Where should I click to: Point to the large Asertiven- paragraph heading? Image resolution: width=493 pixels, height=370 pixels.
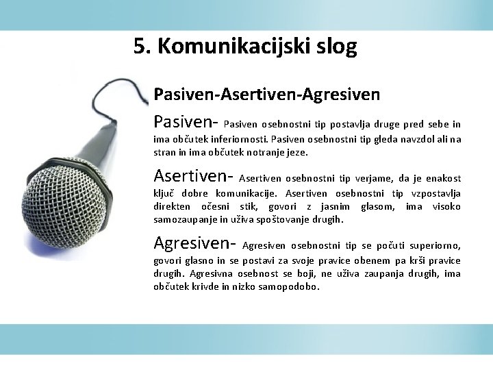pyautogui.click(x=194, y=176)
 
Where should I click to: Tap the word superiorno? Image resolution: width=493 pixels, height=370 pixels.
pyautogui.click(x=434, y=246)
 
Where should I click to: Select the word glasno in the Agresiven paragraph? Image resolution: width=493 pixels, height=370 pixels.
pyautogui.click(x=203, y=261)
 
